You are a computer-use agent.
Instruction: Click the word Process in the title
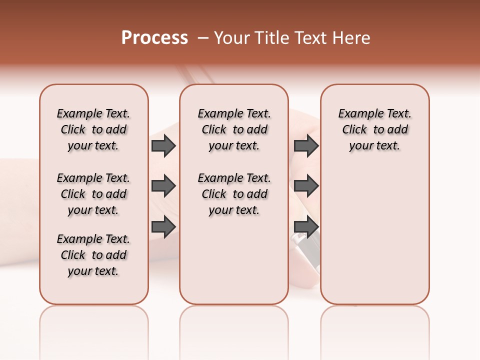pos(154,37)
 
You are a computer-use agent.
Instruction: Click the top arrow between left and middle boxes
pos(163,145)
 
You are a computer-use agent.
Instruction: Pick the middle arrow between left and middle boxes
pos(163,186)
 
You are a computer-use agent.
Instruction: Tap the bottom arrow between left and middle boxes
pos(163,227)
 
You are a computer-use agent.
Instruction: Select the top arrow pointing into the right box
pos(306,145)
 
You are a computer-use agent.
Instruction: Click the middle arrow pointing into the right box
pos(306,186)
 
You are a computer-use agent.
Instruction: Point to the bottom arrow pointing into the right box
pos(306,227)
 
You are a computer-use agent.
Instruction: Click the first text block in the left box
pos(93,129)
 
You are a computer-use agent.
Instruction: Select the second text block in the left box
pos(93,194)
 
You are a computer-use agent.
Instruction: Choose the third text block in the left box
pos(93,255)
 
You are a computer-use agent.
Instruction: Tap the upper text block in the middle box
pos(234,129)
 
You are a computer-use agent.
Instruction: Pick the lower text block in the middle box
pos(234,194)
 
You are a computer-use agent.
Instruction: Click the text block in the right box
pos(374,129)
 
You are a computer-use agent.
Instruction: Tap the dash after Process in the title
pos(203,38)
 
